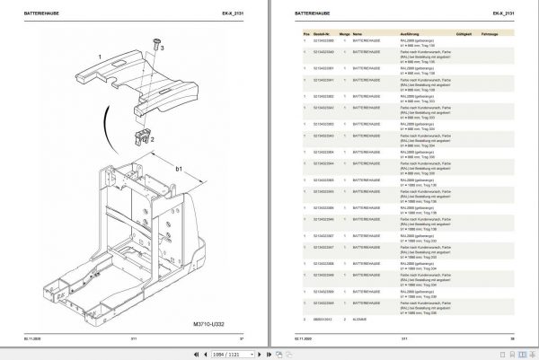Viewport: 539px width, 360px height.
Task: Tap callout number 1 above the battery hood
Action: click(x=101, y=54)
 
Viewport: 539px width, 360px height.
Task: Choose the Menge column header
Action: click(x=344, y=30)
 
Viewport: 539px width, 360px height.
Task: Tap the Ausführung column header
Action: click(x=410, y=30)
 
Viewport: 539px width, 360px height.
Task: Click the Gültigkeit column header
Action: click(x=464, y=30)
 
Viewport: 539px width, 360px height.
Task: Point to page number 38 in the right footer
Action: click(x=512, y=338)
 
